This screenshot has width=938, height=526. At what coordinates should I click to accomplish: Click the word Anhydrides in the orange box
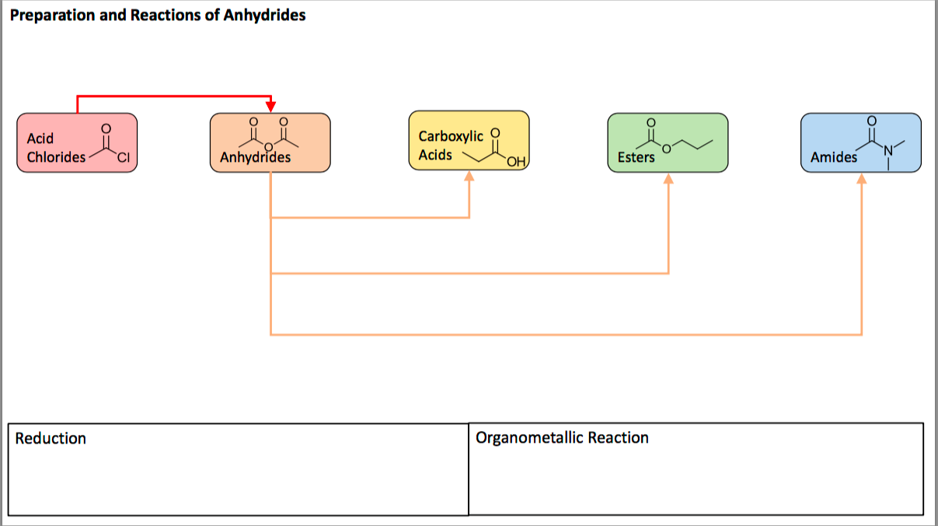pyautogui.click(x=255, y=158)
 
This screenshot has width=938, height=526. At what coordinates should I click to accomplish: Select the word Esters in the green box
pyautogui.click(x=636, y=158)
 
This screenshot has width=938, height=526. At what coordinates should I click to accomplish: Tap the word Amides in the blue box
pyautogui.click(x=833, y=158)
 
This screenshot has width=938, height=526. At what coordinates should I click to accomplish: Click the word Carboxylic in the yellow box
pyautogui.click(x=451, y=136)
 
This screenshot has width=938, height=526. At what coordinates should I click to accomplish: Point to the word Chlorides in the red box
pyautogui.click(x=57, y=157)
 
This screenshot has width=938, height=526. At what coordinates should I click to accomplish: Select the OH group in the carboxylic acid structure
pyautogui.click(x=514, y=162)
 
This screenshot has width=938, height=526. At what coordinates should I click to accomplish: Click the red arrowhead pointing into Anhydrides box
pyautogui.click(x=270, y=106)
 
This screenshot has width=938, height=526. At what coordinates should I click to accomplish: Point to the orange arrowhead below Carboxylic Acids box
pyautogui.click(x=469, y=177)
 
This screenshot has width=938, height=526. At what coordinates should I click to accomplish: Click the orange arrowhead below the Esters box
pyautogui.click(x=668, y=179)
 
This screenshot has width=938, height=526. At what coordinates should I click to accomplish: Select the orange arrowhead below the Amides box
pyautogui.click(x=861, y=179)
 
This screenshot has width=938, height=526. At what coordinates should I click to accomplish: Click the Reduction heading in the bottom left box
pyautogui.click(x=51, y=439)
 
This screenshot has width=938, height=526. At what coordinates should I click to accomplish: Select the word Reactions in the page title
pyautogui.click(x=169, y=16)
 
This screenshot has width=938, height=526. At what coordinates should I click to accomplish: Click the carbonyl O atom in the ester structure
pyautogui.click(x=650, y=121)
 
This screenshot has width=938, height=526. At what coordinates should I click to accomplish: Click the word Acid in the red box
pyautogui.click(x=40, y=139)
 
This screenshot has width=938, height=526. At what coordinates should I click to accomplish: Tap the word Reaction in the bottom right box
pyautogui.click(x=618, y=438)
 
